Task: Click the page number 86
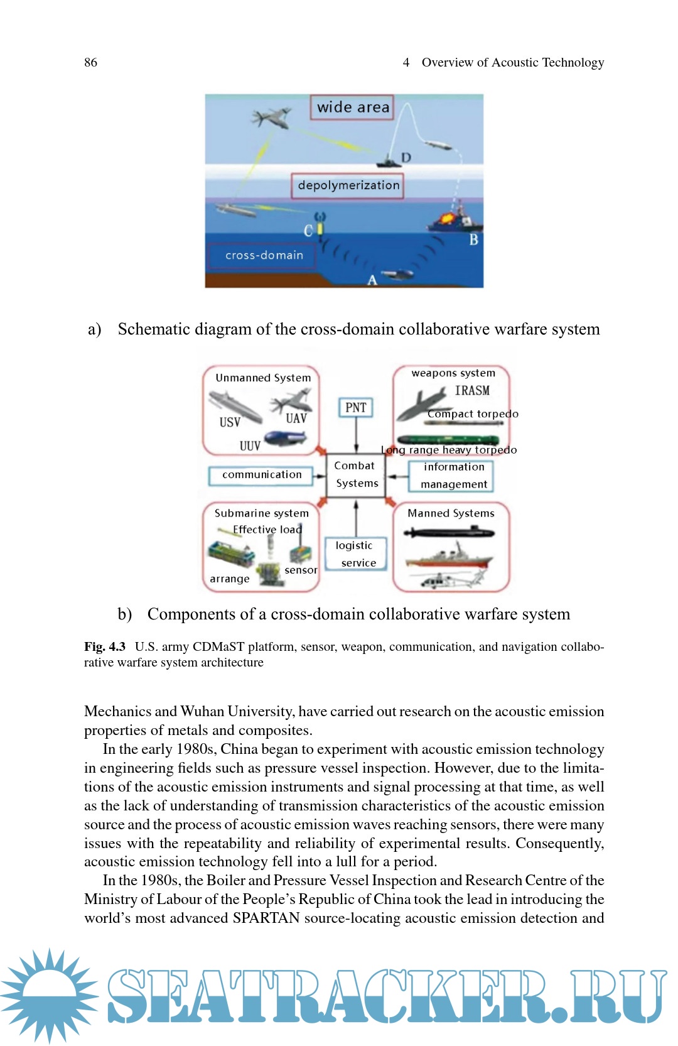pyautogui.click(x=90, y=62)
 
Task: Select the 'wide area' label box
pyautogui.click(x=352, y=107)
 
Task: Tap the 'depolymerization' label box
pyautogui.click(x=348, y=185)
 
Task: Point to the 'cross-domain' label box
pyautogui.click(x=262, y=255)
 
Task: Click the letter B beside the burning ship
pyautogui.click(x=473, y=239)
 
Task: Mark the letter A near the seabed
pyautogui.click(x=372, y=280)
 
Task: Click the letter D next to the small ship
pyautogui.click(x=406, y=157)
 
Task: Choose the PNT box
pyautogui.click(x=355, y=408)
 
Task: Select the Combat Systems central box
pyautogui.click(x=356, y=474)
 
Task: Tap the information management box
pyautogui.click(x=453, y=476)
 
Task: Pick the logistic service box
pyautogui.click(x=356, y=554)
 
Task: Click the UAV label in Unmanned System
pyautogui.click(x=296, y=418)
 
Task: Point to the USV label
pyautogui.click(x=230, y=422)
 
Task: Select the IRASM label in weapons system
pyautogui.click(x=472, y=390)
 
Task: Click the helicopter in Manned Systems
pyautogui.click(x=447, y=580)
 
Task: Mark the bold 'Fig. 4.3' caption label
pyautogui.click(x=105, y=646)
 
